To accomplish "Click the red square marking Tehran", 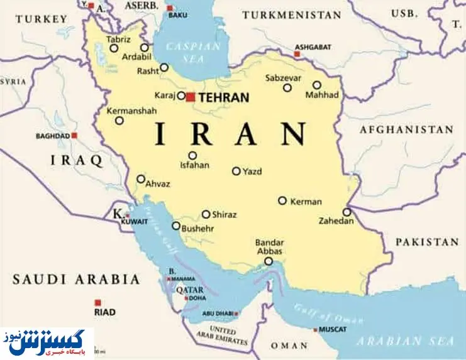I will [x=190, y=97].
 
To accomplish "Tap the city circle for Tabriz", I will [x=114, y=48].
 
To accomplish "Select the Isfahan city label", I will [x=194, y=167].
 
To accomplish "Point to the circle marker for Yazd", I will [x=236, y=171].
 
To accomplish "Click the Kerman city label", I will [x=306, y=202].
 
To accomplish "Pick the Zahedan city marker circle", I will [x=347, y=212].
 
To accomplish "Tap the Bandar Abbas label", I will [x=270, y=247].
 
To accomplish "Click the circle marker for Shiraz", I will [x=206, y=214].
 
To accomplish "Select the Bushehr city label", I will [x=198, y=229].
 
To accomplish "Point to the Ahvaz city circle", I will [x=141, y=179].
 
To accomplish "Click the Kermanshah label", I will [x=131, y=110].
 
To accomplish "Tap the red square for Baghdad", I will [x=74, y=135].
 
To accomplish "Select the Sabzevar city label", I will [x=283, y=78].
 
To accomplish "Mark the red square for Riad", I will [x=97, y=302].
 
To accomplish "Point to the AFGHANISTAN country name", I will [x=406, y=130].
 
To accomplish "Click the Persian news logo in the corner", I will [x=47, y=343].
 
